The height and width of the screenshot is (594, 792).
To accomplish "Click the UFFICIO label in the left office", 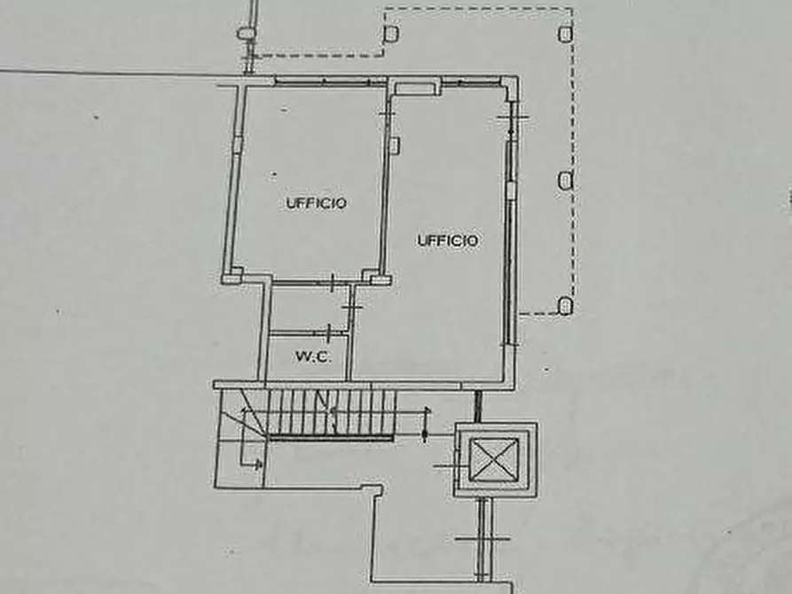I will [x=317, y=202].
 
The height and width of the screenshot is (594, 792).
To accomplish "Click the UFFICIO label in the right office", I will [x=449, y=240].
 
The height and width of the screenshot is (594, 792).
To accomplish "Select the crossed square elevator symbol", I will [x=497, y=459].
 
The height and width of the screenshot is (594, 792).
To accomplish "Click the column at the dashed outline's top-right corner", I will [x=565, y=34].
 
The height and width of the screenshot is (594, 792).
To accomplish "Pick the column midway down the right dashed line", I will [x=565, y=180].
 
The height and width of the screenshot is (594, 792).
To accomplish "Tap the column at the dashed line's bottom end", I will [x=565, y=307].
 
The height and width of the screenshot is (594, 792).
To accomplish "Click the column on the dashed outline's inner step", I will [x=390, y=34].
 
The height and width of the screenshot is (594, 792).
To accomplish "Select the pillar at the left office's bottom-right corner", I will [x=380, y=280].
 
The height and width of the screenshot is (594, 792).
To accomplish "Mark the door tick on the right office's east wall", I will [x=512, y=119].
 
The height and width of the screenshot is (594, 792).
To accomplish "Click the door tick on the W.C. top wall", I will [x=331, y=285].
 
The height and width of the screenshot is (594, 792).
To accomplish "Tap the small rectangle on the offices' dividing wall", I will [x=393, y=144].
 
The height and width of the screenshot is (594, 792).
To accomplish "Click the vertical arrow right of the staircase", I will [x=425, y=424].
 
